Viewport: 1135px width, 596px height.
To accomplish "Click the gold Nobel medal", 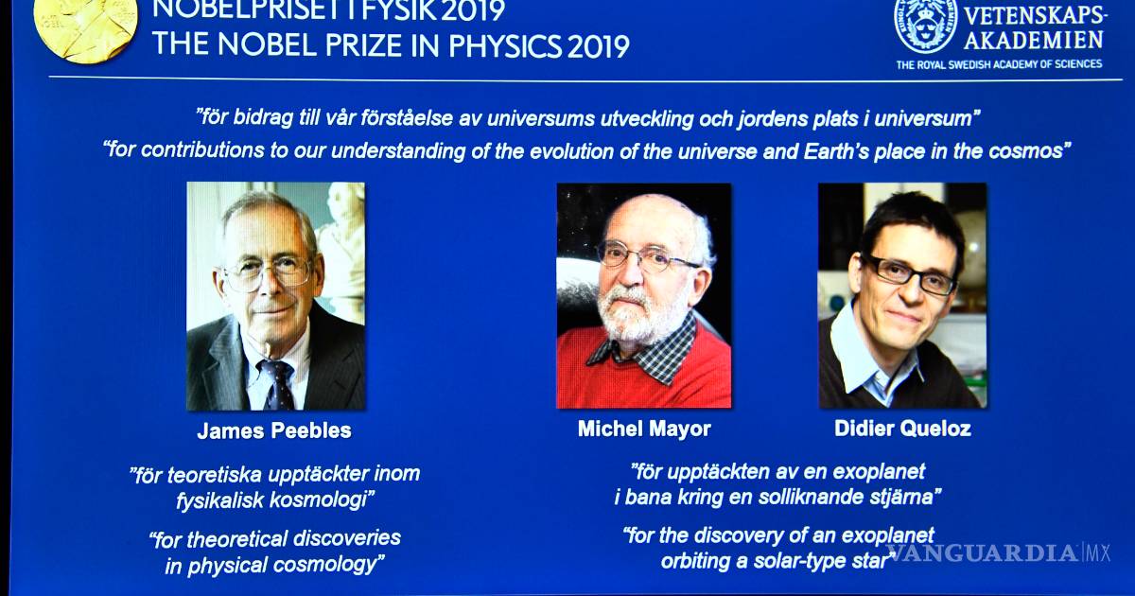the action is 85,26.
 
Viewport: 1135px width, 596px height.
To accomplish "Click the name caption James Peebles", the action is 274,430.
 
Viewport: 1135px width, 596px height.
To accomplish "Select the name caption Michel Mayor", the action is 644,429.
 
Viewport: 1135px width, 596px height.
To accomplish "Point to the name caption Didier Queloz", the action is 902,429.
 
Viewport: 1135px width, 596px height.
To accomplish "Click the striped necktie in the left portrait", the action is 276,384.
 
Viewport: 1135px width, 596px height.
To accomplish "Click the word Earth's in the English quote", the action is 836,151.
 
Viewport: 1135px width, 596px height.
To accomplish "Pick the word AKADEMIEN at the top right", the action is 1034,40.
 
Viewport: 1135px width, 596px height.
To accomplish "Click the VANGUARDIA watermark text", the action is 981,552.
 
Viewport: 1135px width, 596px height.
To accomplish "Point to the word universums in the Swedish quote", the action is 541,118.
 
